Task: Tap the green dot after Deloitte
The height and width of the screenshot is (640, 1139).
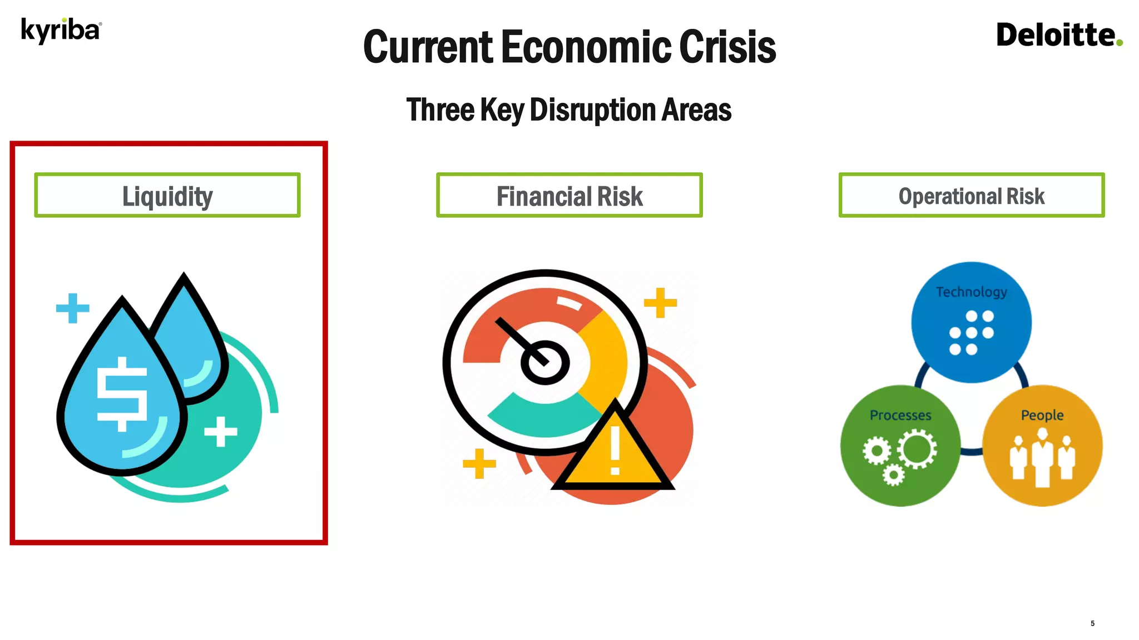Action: (x=1119, y=42)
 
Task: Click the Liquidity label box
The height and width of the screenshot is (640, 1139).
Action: (x=167, y=196)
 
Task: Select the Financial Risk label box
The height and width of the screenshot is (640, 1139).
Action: (x=569, y=196)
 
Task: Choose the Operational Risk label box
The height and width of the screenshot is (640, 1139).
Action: (x=971, y=196)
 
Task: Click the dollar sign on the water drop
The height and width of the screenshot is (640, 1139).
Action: (x=122, y=393)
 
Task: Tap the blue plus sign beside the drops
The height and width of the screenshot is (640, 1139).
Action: (x=72, y=308)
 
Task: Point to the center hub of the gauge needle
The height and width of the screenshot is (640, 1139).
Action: (x=544, y=362)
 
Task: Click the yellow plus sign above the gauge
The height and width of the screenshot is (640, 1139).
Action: (x=660, y=303)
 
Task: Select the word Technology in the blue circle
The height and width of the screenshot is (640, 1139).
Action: (x=971, y=292)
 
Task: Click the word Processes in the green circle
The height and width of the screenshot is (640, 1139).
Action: (x=900, y=415)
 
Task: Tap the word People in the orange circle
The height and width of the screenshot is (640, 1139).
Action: (x=1042, y=415)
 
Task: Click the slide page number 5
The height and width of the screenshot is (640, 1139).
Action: (x=1092, y=623)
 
